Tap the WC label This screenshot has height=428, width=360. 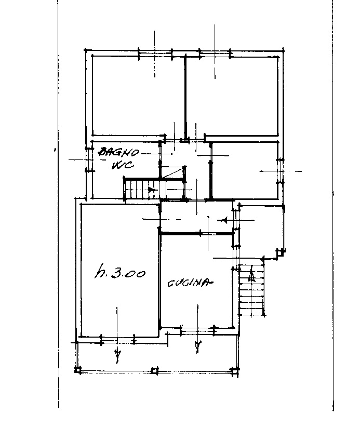point(123,165)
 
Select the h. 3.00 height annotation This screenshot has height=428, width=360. point(120,272)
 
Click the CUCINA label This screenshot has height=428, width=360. point(190,283)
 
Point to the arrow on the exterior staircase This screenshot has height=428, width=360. point(251,276)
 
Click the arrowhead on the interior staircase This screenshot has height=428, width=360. point(152,189)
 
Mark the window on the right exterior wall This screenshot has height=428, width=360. point(281,171)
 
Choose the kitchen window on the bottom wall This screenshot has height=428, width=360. point(197,331)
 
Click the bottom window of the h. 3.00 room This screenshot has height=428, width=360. point(117,340)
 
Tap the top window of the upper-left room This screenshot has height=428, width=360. point(155,53)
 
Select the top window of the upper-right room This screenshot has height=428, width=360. point(215,53)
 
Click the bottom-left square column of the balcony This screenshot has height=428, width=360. point(78,370)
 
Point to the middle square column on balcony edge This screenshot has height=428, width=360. point(155,370)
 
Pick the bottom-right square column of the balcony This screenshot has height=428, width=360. point(235,370)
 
